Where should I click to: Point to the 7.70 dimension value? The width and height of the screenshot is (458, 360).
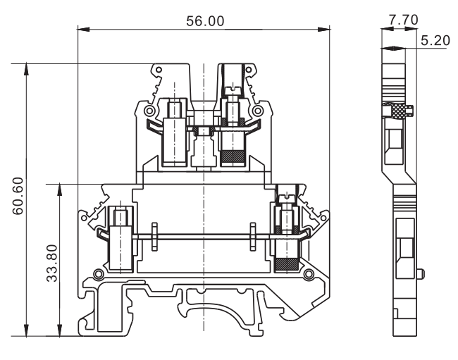(397, 19)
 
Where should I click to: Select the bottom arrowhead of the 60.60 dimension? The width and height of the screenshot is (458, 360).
(27, 330)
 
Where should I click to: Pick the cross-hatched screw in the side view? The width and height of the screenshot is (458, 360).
(400, 110)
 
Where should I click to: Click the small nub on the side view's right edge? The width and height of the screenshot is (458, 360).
(421, 273)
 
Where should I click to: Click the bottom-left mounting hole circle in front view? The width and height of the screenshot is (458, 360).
(99, 273)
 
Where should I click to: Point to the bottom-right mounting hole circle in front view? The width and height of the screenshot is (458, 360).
(308, 273)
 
